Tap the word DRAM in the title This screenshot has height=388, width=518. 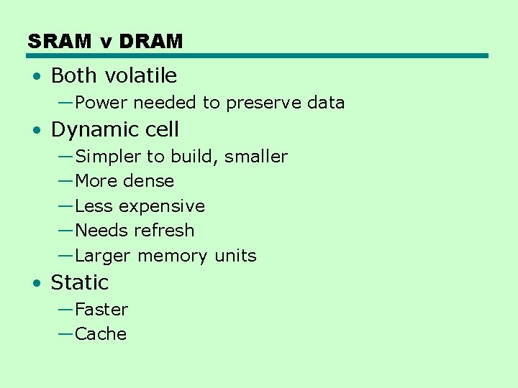(x=151, y=42)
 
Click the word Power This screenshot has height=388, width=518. (x=101, y=103)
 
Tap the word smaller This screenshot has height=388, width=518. (x=256, y=157)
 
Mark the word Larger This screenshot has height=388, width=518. (x=103, y=256)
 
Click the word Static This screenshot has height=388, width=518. (x=79, y=282)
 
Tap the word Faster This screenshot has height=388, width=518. (x=101, y=310)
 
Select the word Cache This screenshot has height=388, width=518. (x=101, y=334)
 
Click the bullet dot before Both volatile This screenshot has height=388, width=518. (x=36, y=76)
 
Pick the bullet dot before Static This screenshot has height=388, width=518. (x=36, y=283)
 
